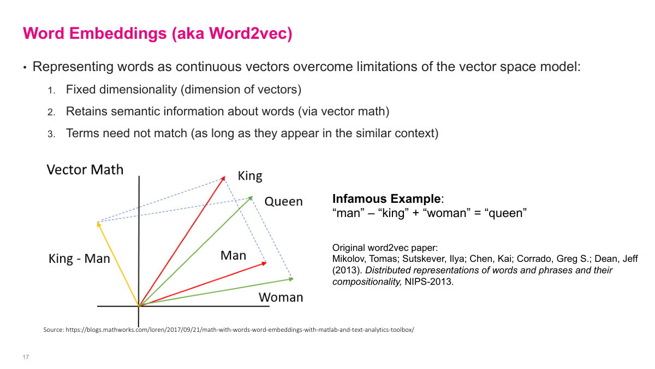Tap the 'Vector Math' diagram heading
[85, 169]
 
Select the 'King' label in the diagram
[250, 176]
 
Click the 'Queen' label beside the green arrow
[283, 201]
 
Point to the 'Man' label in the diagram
[233, 255]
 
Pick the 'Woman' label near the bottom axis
[281, 297]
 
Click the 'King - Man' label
[79, 259]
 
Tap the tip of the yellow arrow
[98, 223]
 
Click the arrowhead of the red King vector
[224, 178]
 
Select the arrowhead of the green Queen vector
[252, 197]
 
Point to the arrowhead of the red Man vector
[265, 263]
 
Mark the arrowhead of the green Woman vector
[292, 279]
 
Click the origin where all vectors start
[139, 306]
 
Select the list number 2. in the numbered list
[51, 112]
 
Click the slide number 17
[26, 358]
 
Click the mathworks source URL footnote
[229, 330]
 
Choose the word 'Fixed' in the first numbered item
[80, 89]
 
